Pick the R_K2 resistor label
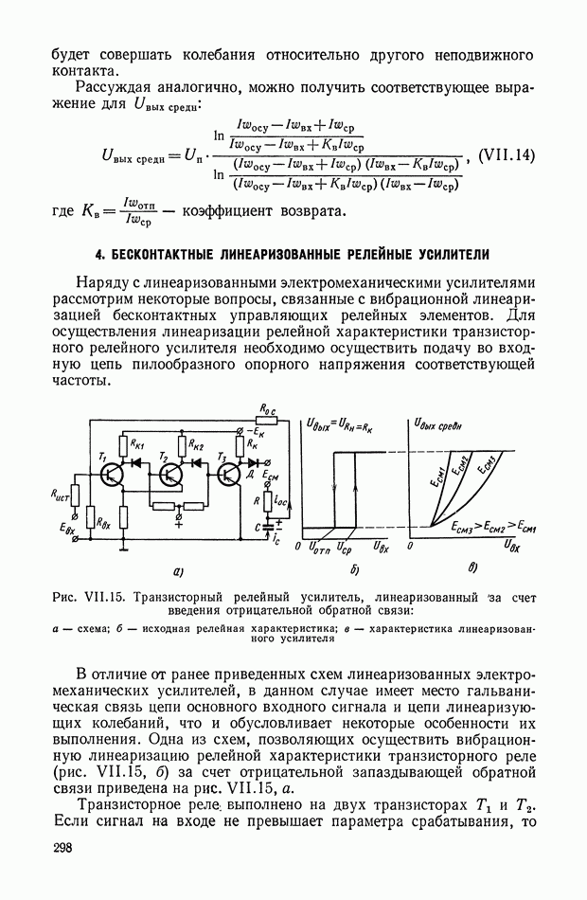[196, 442]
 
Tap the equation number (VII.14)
[507, 154]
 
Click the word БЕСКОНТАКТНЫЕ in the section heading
[169, 254]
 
